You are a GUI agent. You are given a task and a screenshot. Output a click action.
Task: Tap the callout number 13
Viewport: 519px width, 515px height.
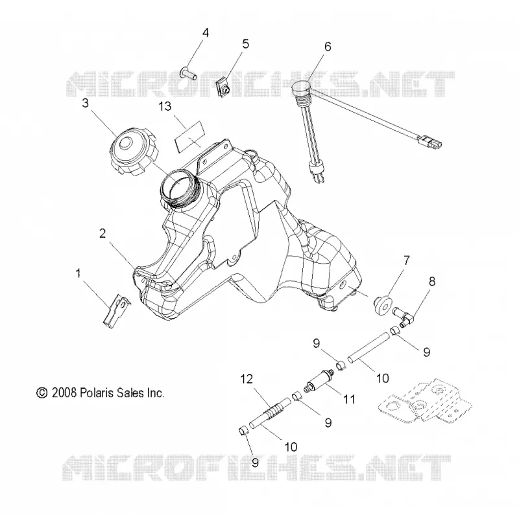pyautogui.click(x=165, y=106)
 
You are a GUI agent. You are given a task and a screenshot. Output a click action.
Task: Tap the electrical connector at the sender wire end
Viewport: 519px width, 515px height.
pyautogui.click(x=430, y=141)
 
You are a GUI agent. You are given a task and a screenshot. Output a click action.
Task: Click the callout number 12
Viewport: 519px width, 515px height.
pyautogui.click(x=247, y=380)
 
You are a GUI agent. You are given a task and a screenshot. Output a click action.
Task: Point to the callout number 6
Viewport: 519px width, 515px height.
pyautogui.click(x=328, y=47)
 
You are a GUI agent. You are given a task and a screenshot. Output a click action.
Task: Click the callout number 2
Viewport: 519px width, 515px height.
pyautogui.click(x=103, y=233)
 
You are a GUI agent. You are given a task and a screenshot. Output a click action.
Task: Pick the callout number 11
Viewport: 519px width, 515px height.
pyautogui.click(x=349, y=399)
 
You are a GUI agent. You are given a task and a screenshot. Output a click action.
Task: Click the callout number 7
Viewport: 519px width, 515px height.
pyautogui.click(x=406, y=260)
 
